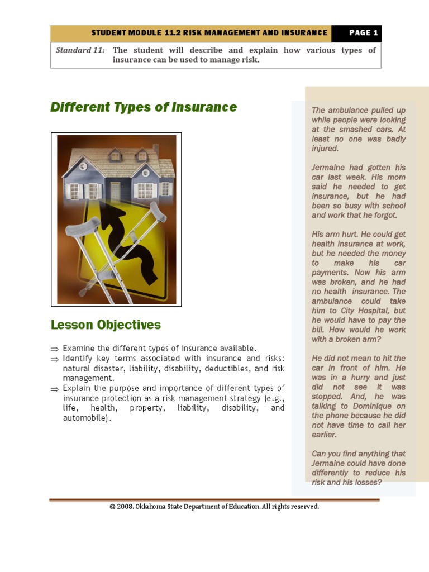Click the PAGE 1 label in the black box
pyautogui.click(x=364, y=33)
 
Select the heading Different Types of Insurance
pyautogui.click(x=144, y=107)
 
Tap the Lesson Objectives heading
pyautogui.click(x=106, y=325)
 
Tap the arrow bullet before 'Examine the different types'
pyautogui.click(x=55, y=349)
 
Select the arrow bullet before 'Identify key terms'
pyautogui.click(x=55, y=359)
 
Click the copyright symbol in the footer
pyautogui.click(x=112, y=507)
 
